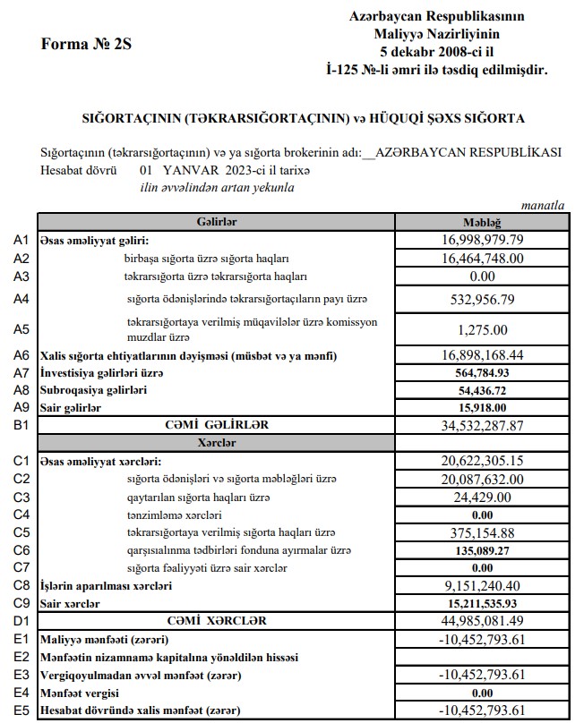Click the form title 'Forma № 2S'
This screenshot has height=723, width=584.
tap(86, 46)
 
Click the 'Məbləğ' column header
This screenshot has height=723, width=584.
tap(481, 222)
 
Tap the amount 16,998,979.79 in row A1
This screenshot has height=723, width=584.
tap(482, 240)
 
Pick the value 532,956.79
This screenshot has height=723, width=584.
tap(482, 300)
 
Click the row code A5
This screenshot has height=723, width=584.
tap(22, 328)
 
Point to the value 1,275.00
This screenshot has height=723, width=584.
tap(482, 329)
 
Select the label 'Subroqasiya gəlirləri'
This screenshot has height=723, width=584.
tap(93, 390)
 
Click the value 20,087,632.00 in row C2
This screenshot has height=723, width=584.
tap(482, 479)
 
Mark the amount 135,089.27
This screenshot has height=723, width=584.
tap(482, 549)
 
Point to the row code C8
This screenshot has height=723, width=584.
tap(22, 586)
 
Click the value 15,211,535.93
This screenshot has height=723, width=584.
tap(482, 604)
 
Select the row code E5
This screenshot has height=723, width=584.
tap(22, 710)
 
